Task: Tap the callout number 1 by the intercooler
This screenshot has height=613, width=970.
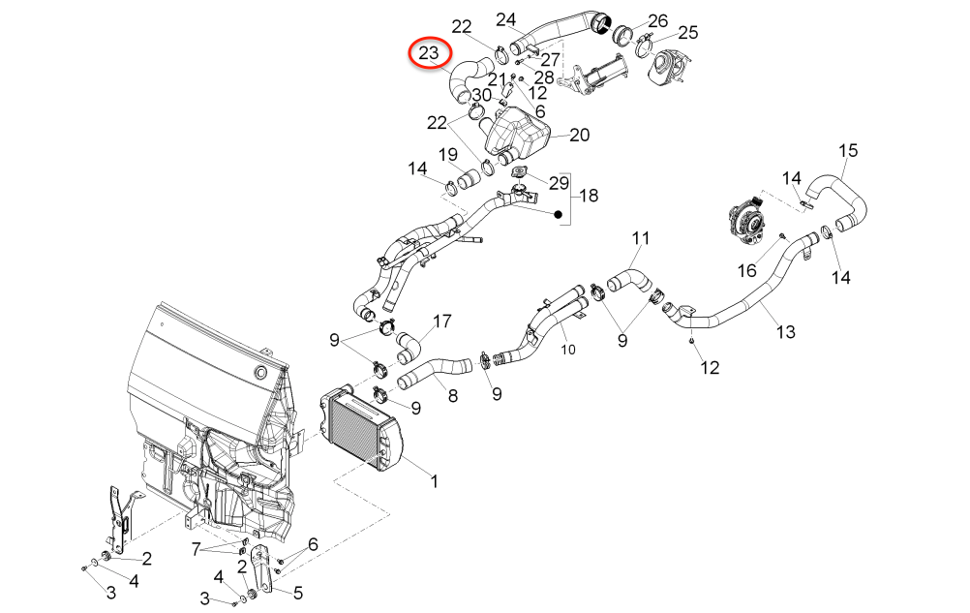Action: pos(435,480)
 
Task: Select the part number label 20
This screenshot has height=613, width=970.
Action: pos(579,136)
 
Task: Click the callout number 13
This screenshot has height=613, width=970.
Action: pos(785,332)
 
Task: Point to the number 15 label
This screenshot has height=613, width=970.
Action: pos(848,150)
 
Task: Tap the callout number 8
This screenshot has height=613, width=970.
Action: pos(452,395)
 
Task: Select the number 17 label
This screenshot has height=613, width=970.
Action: pos(441,321)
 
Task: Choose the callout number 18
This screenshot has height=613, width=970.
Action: pos(588,196)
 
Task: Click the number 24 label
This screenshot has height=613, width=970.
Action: pos(506,19)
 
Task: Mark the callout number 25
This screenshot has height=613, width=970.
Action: pos(687,33)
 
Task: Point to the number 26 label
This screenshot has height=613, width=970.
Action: pos(657,20)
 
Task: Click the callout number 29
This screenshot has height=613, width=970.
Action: pos(560,183)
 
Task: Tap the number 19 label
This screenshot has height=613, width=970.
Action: pos(448,155)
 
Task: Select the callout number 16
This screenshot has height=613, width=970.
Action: pos(748,270)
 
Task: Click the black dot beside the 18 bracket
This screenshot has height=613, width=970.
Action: pos(559,213)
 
